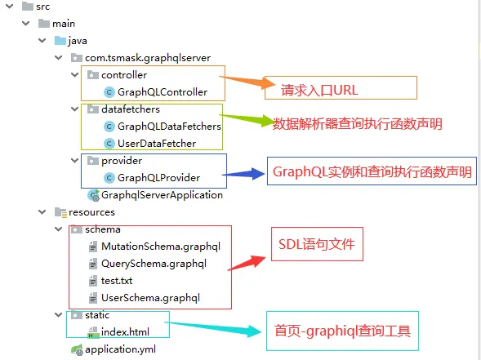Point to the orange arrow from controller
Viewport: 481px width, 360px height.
247,82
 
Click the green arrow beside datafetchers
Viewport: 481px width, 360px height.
246,119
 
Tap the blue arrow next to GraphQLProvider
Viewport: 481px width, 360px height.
243,174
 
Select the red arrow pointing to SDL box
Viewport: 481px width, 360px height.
247,263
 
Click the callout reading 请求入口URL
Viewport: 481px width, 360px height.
341,87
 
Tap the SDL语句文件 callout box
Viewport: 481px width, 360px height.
317,244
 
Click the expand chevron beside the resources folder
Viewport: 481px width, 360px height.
42,212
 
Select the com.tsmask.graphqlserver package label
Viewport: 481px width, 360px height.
148,58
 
